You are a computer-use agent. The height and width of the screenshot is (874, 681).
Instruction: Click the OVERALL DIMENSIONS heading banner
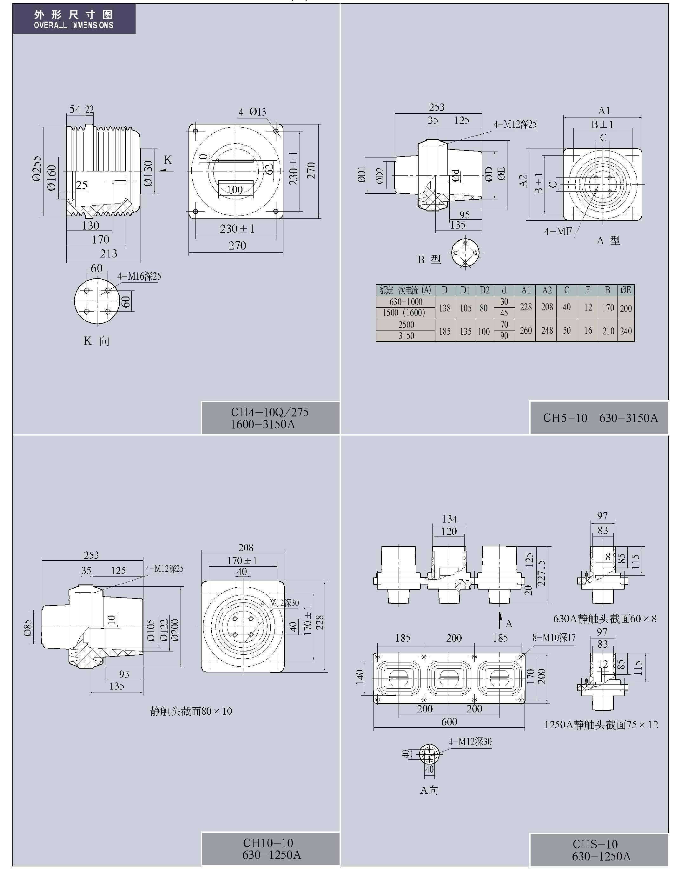point(74,19)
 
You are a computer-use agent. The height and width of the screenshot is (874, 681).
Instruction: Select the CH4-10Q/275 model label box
point(270,418)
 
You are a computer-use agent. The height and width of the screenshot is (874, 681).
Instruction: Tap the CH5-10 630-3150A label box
point(599,418)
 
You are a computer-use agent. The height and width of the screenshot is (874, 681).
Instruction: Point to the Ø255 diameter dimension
point(36,169)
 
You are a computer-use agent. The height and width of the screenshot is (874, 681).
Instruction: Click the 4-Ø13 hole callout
point(252,112)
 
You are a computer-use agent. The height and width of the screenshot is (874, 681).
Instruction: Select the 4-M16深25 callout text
point(139,277)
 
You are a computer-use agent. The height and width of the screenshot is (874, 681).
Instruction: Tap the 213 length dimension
point(109,254)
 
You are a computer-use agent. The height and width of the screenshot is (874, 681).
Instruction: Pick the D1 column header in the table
point(465,290)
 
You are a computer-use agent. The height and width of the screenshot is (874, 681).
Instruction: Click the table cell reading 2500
point(406,324)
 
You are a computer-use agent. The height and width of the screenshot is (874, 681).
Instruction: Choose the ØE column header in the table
point(625,290)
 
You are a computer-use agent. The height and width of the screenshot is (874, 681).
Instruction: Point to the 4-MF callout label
point(558,232)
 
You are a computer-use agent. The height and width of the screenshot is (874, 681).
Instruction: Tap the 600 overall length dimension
point(449,722)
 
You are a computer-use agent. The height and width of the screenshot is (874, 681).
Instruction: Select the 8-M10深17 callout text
point(554,638)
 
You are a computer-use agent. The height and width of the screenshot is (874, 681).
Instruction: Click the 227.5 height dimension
point(541,573)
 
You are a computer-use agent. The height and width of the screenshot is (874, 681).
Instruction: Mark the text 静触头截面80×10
point(191,711)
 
